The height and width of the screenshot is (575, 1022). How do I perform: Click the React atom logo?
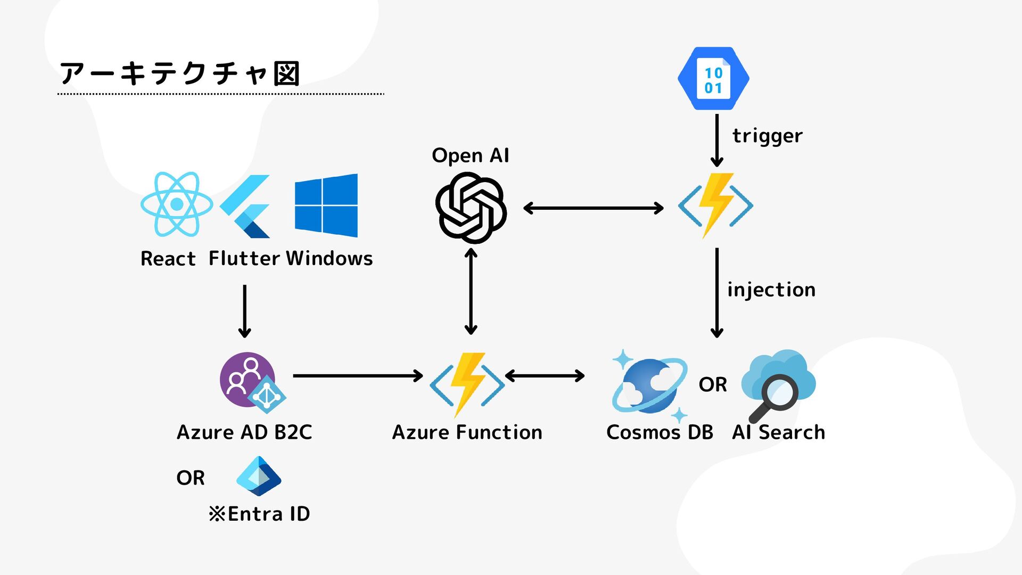[177, 204]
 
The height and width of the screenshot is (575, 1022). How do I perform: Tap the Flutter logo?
[245, 206]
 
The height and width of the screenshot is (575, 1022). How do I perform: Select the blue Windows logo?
[326, 206]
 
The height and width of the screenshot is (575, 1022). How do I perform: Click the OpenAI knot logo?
[471, 208]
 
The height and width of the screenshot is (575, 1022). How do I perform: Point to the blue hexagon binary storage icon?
[713, 79]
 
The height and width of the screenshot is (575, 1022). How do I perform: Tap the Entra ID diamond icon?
[259, 476]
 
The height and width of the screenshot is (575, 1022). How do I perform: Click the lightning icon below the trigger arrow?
[715, 205]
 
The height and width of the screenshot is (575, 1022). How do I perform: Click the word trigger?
[767, 136]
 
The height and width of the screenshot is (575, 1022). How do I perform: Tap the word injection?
[771, 290]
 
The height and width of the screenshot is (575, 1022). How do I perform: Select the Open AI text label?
[471, 155]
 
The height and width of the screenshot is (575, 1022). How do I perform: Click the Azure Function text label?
[467, 432]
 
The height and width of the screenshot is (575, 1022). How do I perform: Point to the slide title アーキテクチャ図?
[180, 73]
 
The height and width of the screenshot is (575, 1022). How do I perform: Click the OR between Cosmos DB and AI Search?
[713, 384]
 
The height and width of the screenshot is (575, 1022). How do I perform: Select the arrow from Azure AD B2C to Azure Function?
[358, 376]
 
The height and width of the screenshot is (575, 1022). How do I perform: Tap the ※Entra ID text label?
[259, 514]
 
